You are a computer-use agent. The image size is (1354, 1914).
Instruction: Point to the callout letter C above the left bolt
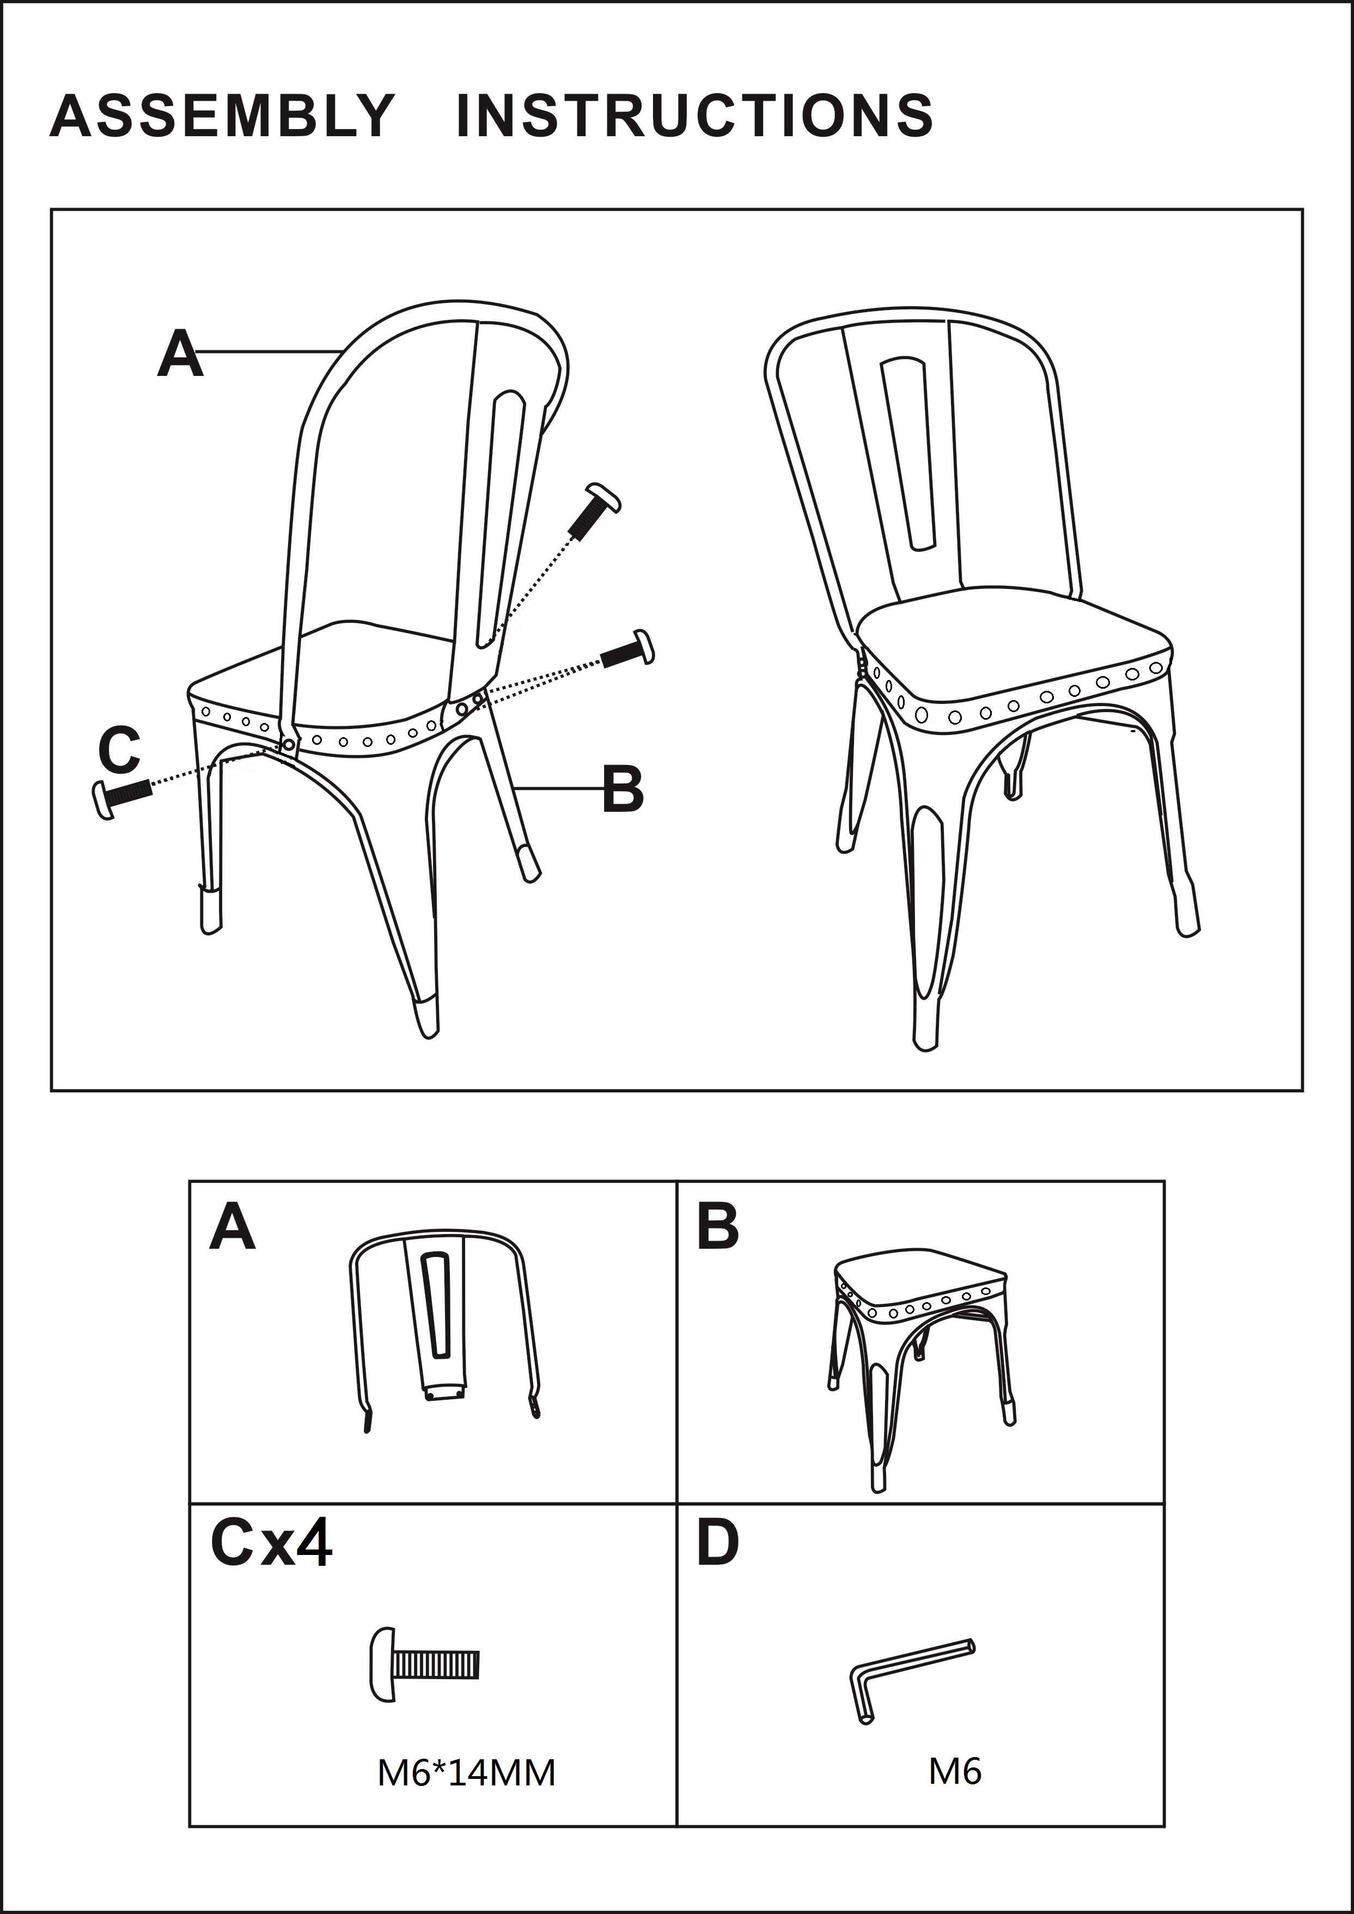point(119,750)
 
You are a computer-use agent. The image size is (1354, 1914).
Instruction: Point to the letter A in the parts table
point(232,1227)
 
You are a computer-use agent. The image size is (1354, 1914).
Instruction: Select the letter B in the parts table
point(718,1227)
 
